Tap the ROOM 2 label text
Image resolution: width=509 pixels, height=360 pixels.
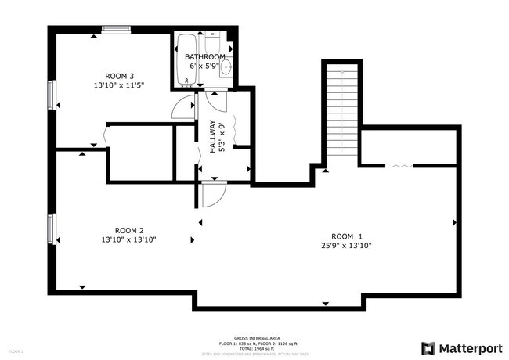click(128, 230)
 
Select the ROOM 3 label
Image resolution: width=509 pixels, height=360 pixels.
click(120, 76)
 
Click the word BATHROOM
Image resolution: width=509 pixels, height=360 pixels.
click(205, 57)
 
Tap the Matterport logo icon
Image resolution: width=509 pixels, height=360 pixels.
click(429, 347)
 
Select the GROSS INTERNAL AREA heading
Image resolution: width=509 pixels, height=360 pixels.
click(253, 338)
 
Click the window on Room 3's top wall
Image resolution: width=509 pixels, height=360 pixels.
click(116, 30)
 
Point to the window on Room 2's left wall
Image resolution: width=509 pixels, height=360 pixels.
click(52, 229)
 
